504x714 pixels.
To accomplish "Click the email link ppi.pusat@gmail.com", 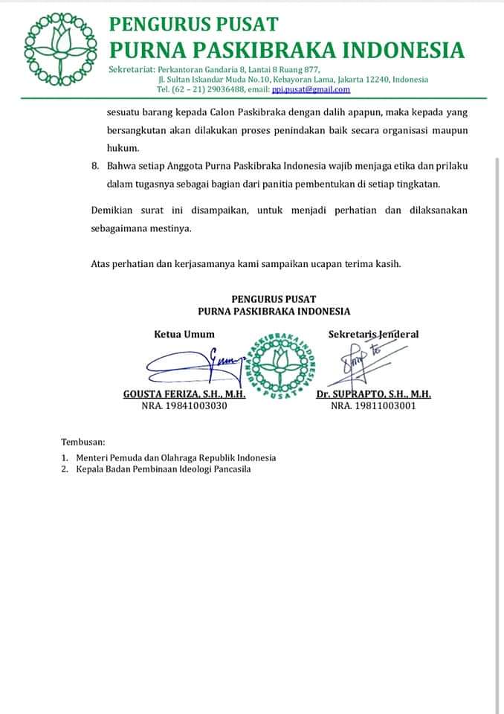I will pos(310,89).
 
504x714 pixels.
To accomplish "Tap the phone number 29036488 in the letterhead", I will pos(219,89).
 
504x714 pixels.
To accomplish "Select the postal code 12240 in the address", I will pos(376,80).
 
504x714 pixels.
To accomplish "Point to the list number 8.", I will pos(94,164).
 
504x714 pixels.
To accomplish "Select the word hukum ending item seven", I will pos(118,147).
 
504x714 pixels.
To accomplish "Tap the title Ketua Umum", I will pos(184,334).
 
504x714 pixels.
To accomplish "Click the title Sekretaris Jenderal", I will pos(373,334).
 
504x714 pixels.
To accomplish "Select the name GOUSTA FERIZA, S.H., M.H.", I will pos(184,394).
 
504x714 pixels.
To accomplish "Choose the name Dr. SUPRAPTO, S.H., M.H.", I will pos(373,394).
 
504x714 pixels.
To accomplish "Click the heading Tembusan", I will pos(83,442).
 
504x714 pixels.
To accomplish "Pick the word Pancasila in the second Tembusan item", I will pos(230,469).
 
